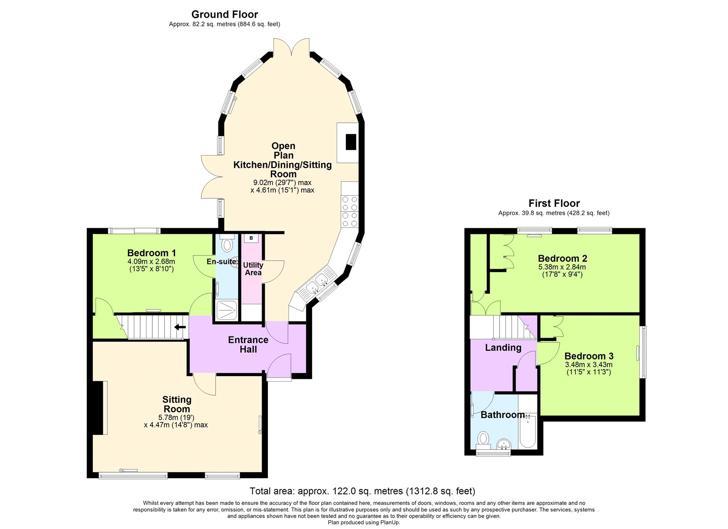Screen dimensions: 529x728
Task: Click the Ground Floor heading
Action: click(224, 15)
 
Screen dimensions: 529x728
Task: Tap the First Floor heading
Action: click(554, 203)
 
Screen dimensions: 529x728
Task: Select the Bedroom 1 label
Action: click(152, 253)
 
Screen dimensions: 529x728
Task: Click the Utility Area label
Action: click(253, 268)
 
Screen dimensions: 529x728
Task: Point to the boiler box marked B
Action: click(251, 238)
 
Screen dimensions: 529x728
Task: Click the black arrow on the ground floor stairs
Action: click(180, 327)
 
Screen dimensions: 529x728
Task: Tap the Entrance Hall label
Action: click(248, 344)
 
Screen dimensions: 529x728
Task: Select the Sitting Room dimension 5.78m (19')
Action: click(176, 417)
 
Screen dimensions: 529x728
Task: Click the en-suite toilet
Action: click(227, 245)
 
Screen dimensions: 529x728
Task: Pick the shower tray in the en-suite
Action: click(226, 311)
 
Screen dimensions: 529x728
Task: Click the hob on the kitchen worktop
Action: click(350, 212)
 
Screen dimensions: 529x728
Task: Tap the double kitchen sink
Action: click(318, 283)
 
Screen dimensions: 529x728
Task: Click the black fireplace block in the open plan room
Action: click(350, 142)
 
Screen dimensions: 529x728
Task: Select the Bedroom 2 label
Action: click(562, 258)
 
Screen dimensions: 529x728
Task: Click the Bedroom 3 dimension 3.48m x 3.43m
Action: click(588, 364)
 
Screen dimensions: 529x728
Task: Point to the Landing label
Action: click(503, 348)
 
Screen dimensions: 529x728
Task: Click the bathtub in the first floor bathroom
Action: click(528, 430)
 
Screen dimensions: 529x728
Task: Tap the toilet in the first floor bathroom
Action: click(483, 439)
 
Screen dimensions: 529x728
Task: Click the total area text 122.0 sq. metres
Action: click(362, 491)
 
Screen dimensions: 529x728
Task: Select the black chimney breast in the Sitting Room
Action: click(97, 408)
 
